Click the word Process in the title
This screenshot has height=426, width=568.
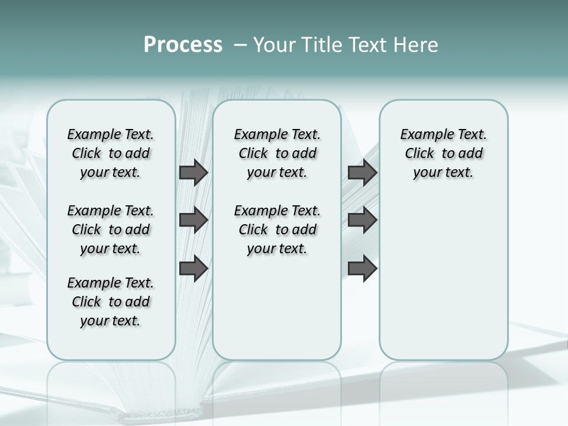[x=183, y=45]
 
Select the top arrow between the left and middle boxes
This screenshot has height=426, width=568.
[x=193, y=172]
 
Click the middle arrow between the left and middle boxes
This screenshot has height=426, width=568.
[x=193, y=220]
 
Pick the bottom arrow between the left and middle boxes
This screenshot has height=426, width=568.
[x=193, y=268]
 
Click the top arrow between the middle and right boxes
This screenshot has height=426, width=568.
[x=362, y=172]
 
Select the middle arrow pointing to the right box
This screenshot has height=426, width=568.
[x=362, y=220]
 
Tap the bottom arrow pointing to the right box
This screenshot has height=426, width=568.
[x=362, y=268]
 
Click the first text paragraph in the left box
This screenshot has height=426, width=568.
[x=111, y=153]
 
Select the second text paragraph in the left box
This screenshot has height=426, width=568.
[x=111, y=230]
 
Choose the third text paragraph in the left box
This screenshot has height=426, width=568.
[x=111, y=302]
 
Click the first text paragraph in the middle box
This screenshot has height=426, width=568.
[x=277, y=153]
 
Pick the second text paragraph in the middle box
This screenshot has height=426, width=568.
[x=277, y=230]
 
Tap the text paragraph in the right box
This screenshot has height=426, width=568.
[x=444, y=153]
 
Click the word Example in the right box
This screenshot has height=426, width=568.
[x=423, y=134]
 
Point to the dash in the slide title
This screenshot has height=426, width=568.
[x=240, y=45]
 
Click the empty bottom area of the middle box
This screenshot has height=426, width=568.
[x=277, y=314]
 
